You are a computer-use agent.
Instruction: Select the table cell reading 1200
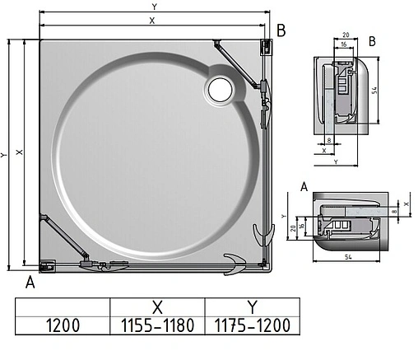(63, 325)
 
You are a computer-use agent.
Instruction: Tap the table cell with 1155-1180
(157, 325)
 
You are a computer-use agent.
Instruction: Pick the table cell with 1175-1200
(252, 325)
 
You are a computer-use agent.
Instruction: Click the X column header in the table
(157, 305)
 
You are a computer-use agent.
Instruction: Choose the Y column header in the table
(252, 305)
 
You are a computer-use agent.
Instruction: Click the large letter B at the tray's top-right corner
(281, 30)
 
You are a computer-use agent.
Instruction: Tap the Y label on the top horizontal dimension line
(153, 7)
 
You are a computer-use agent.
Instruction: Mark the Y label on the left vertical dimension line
(5, 154)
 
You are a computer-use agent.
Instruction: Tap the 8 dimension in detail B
(329, 141)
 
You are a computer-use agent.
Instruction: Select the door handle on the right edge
(263, 233)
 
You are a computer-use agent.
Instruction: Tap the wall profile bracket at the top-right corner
(265, 48)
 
